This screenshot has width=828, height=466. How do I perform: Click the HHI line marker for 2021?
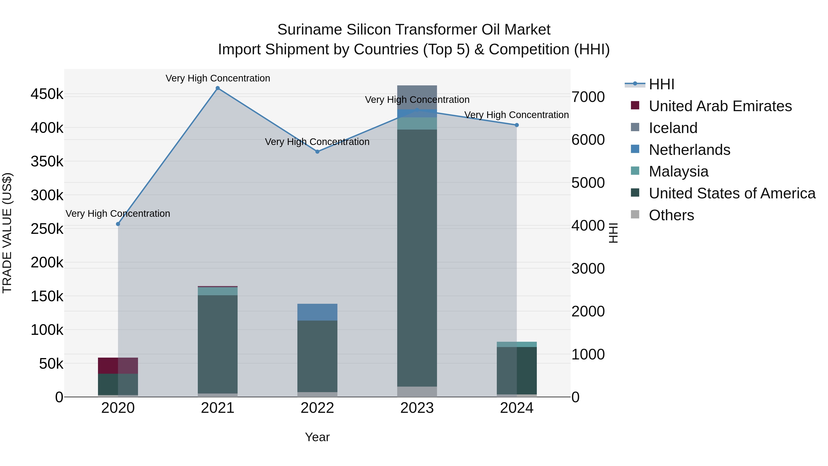click(x=218, y=88)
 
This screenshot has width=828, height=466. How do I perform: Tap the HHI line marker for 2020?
click(x=118, y=224)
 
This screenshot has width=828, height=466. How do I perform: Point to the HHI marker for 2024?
click(x=517, y=125)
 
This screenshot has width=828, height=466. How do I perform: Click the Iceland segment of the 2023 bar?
click(x=417, y=96)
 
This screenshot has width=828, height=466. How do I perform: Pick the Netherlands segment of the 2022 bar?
click(x=317, y=312)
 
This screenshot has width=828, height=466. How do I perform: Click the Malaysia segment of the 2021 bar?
click(x=218, y=291)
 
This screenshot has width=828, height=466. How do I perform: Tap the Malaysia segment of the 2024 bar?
click(x=517, y=344)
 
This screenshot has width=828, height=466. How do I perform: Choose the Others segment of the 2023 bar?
click(x=417, y=391)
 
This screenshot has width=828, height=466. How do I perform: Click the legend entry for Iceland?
click(x=673, y=128)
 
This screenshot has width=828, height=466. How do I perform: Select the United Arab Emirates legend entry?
click(x=720, y=106)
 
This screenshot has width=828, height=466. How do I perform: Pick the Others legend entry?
click(x=671, y=215)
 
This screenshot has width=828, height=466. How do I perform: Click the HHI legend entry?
click(x=661, y=84)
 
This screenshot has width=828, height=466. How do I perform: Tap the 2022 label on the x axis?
click(x=317, y=408)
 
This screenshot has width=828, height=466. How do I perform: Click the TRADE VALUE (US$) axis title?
click(x=7, y=233)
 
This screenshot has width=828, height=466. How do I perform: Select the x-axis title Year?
click(x=317, y=437)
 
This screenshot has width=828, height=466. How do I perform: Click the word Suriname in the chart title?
click(x=309, y=30)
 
